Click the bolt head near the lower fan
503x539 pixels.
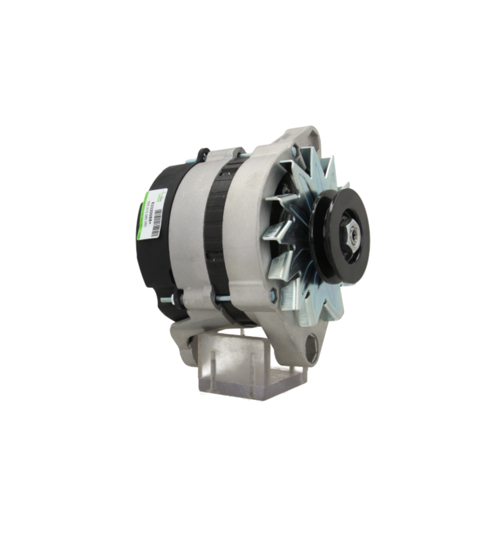point(274,294)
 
